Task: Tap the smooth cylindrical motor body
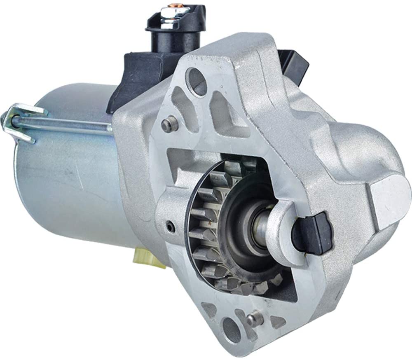coord(70,185)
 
